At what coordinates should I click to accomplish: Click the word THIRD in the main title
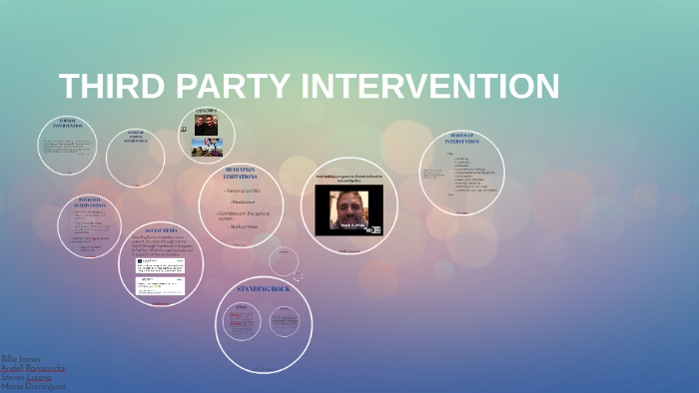(x=109, y=87)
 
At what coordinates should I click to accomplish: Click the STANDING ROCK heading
(x=264, y=289)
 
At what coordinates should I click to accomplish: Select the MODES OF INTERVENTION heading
(x=461, y=139)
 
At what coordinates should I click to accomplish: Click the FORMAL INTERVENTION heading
(x=68, y=124)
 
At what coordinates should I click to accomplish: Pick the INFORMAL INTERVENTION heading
(x=88, y=203)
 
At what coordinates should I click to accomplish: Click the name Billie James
(x=22, y=357)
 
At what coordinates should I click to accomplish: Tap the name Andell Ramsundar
(x=34, y=367)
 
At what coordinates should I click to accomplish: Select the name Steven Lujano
(x=25, y=376)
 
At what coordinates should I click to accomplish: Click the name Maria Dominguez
(x=33, y=386)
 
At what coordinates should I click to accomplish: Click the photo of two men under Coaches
(x=205, y=126)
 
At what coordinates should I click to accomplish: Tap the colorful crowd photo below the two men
(x=206, y=148)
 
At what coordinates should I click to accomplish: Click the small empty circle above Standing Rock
(x=284, y=261)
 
